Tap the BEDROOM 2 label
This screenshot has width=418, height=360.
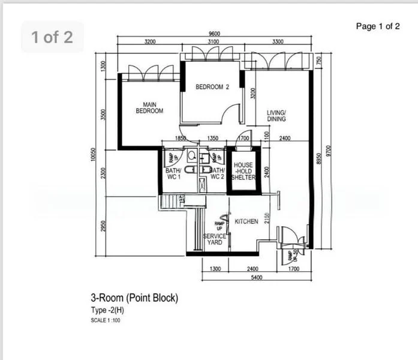[x=212, y=87]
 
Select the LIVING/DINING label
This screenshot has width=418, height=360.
[x=276, y=116]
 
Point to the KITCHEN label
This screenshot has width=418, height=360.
[x=246, y=221]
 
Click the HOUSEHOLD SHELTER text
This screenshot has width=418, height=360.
[x=243, y=171]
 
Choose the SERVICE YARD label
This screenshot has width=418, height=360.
[x=215, y=239]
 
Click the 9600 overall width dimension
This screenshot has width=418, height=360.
[x=215, y=34]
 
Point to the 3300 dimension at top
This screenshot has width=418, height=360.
[x=278, y=42]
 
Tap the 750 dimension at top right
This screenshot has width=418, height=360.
[x=319, y=60]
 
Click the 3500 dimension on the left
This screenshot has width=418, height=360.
[x=103, y=115]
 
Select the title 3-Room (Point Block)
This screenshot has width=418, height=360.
[x=134, y=298]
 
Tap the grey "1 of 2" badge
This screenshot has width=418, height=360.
[x=52, y=37]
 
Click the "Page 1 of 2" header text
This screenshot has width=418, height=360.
[x=377, y=26]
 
